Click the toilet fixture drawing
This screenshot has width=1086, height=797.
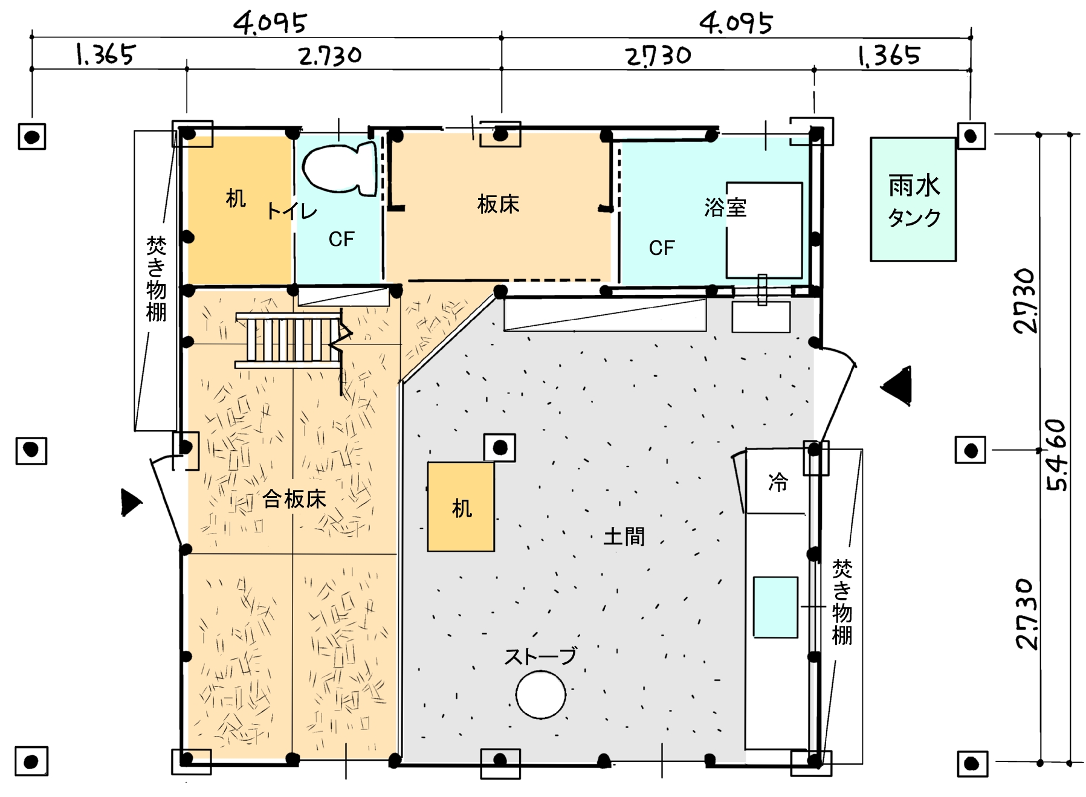(340, 169)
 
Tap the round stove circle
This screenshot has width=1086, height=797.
(540, 695)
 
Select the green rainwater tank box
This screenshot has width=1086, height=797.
(913, 199)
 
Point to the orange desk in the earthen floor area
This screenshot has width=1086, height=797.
(461, 506)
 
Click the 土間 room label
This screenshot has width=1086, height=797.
(624, 537)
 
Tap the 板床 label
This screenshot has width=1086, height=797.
(499, 204)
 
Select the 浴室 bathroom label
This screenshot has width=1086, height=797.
(725, 208)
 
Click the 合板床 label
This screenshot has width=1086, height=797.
(294, 499)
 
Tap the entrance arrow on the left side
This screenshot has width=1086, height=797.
(131, 503)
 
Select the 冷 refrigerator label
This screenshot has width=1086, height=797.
(778, 482)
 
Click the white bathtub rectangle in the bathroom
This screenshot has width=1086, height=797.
(764, 230)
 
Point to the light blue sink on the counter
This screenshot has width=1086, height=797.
(775, 607)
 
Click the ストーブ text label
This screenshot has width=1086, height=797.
(541, 656)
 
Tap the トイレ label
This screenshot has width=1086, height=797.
(292, 210)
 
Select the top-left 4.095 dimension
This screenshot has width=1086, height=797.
(270, 23)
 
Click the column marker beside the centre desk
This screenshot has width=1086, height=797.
(500, 448)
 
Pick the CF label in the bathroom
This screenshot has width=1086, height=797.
(662, 248)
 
